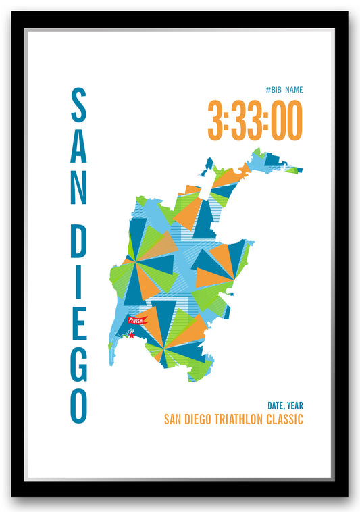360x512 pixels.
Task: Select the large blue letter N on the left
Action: (79, 188)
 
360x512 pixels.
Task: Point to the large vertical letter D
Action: (79, 242)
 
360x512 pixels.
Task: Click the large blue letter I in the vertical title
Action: (79, 282)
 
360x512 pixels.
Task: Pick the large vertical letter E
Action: (79, 322)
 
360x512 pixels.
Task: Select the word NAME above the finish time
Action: (294, 90)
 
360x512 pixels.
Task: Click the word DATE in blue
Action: (276, 405)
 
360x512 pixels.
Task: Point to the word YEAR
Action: (294, 405)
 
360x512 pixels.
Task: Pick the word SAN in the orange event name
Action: (172, 419)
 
